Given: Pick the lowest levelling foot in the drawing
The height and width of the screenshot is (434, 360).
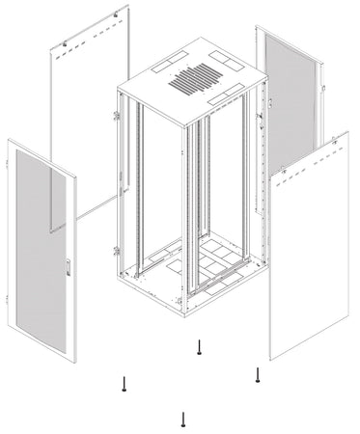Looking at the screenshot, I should click(x=182, y=419).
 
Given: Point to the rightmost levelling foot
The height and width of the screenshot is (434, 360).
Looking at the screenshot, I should click(x=257, y=374).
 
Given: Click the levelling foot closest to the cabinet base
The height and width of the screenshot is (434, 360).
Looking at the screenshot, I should click(x=198, y=348).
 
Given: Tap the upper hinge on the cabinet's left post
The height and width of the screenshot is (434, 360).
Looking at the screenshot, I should click(x=117, y=117).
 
